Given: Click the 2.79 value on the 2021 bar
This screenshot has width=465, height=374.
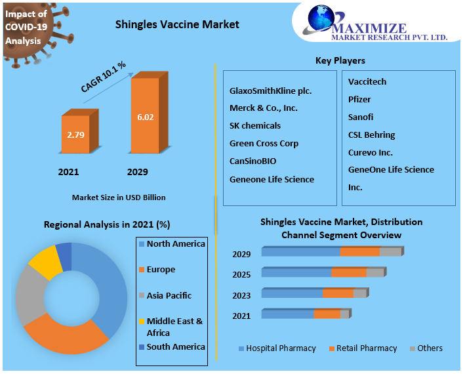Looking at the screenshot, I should (x=75, y=135).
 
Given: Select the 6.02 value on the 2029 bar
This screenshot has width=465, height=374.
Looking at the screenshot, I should (x=145, y=117).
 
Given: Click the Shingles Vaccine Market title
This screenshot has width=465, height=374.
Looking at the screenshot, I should (x=177, y=24).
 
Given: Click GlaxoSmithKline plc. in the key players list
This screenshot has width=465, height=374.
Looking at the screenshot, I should (x=270, y=91).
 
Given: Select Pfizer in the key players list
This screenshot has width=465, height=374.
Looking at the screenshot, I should (x=359, y=99).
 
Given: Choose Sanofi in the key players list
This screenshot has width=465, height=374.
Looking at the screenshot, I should (x=361, y=117).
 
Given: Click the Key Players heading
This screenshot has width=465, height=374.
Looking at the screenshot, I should (x=340, y=61).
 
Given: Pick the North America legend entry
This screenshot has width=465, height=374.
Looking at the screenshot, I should (x=175, y=244).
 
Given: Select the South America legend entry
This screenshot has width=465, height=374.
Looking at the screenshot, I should (x=175, y=347).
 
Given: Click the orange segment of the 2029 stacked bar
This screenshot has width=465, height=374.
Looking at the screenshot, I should (x=359, y=252).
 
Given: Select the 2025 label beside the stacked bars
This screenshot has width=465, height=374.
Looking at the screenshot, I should (x=241, y=275).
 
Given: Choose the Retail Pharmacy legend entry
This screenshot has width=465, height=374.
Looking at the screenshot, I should (x=367, y=348).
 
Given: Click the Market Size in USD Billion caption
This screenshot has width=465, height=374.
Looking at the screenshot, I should (x=119, y=197).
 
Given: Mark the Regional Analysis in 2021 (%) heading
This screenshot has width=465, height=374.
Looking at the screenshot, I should (x=107, y=224).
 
